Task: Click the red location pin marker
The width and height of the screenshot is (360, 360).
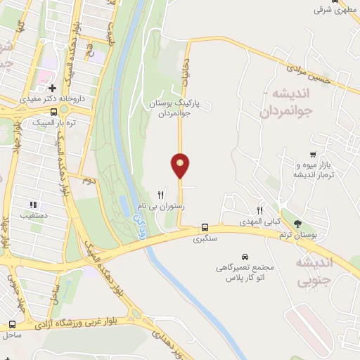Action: pyautogui.click(x=180, y=165)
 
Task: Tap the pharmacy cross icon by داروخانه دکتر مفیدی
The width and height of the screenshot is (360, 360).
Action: pyautogui.click(x=52, y=89)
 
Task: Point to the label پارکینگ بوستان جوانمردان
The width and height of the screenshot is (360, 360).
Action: pyautogui.click(x=174, y=108)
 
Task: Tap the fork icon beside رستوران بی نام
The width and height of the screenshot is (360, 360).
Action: pyautogui.click(x=161, y=195)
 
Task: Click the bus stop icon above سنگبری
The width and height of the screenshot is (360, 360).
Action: pyautogui.click(x=205, y=228)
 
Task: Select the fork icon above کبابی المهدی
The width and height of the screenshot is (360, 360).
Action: pyautogui.click(x=259, y=210)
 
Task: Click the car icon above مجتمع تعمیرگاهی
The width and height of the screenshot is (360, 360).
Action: pyautogui.click(x=244, y=257)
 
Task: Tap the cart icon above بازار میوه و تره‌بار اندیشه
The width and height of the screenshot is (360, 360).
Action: pyautogui.click(x=312, y=155)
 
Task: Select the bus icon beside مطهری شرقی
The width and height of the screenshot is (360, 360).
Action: pyautogui.click(x=335, y=1)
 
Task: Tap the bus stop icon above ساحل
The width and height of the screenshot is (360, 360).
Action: pyautogui.click(x=13, y=324)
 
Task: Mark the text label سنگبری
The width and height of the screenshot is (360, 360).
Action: pyautogui.click(x=206, y=239)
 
